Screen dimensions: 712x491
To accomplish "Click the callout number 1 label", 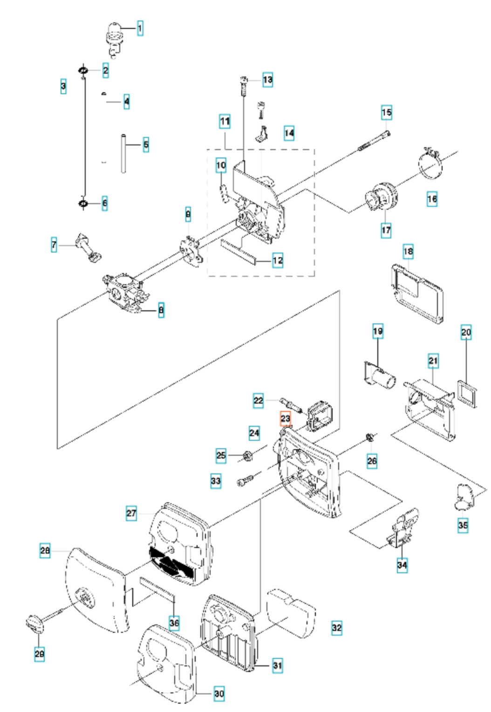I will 140,28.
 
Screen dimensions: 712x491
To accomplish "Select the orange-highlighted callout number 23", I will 285,419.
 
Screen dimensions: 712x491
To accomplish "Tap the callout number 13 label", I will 267,80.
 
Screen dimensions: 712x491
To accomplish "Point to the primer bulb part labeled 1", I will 114,35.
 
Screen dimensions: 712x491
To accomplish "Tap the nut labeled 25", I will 248,455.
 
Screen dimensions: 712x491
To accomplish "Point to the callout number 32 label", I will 336,627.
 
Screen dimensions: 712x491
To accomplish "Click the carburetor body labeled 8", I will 122,292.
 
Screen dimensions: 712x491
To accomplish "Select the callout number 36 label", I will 174,623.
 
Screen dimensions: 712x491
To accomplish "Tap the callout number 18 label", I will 408,252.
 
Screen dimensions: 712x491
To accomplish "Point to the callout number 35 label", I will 463,525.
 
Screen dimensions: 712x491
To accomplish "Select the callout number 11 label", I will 225,122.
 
